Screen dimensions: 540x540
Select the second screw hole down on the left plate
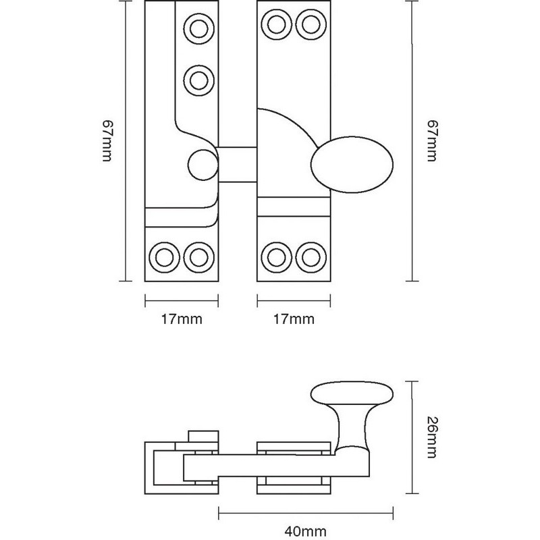coord(198,79)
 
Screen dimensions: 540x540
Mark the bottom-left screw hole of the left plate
coord(163,256)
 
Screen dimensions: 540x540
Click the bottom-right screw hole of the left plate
coord(198,256)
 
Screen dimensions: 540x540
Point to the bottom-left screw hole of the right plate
coord(275,256)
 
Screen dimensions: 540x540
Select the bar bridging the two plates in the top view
coord(238,163)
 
